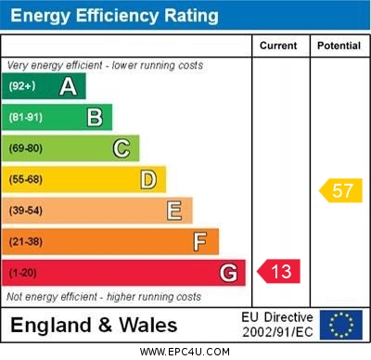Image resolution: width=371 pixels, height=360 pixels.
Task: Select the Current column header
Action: tap(278, 45)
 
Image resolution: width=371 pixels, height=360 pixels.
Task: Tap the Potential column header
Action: tap(339, 45)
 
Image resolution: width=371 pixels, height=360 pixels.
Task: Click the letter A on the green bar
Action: tap(68, 86)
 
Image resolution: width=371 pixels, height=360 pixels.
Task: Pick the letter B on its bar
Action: tap(95, 117)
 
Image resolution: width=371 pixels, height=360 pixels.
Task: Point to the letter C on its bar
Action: tap(122, 148)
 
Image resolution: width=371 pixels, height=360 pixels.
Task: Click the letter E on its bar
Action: tap(174, 211)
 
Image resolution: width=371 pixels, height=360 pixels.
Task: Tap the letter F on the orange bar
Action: tap(200, 242)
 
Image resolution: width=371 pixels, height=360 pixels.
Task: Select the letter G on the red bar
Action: tap(227, 273)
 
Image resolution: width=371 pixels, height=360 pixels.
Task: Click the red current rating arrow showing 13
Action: tap(279, 272)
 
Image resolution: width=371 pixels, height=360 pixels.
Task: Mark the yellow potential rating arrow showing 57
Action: tap(340, 191)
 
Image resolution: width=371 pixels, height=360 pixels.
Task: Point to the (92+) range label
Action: tap(23, 86)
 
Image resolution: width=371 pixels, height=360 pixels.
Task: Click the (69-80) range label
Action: tap(26, 148)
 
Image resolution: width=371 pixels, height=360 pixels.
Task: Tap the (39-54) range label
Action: tap(26, 211)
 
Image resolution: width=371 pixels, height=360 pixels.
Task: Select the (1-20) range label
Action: tap(23, 273)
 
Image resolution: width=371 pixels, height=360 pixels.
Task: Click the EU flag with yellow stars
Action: tap(341, 325)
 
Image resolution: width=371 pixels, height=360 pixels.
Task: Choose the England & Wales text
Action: tap(95, 326)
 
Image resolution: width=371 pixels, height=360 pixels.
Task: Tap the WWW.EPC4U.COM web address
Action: tap(185, 352)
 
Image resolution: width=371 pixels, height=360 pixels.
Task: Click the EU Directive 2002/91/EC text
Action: tap(277, 325)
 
